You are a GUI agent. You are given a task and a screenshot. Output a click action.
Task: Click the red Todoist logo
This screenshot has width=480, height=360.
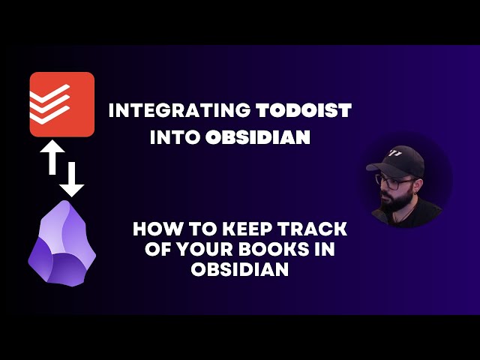point(61,104)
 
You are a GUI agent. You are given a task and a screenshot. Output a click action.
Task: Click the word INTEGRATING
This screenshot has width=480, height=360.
point(179,111)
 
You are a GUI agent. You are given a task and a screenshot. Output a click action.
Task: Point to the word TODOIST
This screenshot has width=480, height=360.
point(304,111)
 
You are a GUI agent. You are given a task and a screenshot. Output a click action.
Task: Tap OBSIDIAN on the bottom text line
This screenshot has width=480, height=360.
point(240,270)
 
